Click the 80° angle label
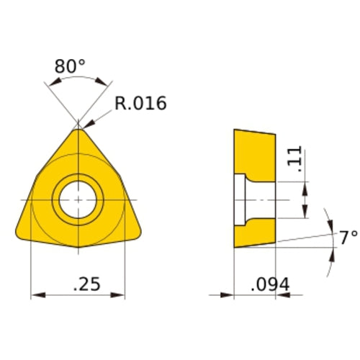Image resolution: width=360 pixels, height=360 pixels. click(70, 67)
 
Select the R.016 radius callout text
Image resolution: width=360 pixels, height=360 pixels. click(140, 104)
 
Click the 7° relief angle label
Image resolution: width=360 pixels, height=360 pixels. click(348, 237)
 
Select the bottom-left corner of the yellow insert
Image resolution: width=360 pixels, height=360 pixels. click(19, 232)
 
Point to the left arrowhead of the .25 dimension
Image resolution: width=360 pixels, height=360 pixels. click(35, 294)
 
